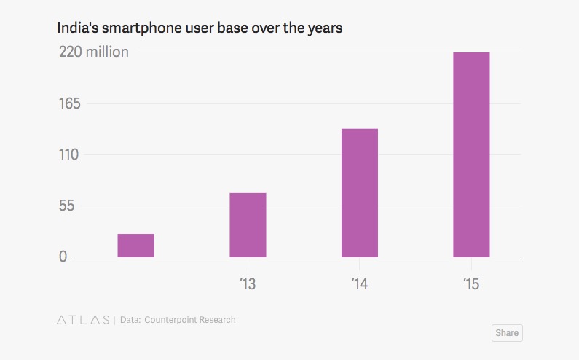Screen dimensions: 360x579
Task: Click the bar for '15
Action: tap(471, 154)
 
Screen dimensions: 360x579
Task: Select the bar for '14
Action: tap(359, 192)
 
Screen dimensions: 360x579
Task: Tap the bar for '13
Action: tap(248, 224)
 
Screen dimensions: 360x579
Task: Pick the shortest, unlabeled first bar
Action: tap(135, 245)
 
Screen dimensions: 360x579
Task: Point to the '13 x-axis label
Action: tap(248, 283)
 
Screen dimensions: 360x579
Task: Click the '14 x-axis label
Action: tap(359, 283)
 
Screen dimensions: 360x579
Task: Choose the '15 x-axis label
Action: tap(471, 283)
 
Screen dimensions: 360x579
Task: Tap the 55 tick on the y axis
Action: tap(67, 206)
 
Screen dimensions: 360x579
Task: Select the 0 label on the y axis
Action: tap(63, 257)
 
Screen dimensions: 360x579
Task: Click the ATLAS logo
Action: tap(82, 320)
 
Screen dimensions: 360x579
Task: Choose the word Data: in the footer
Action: tap(130, 320)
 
